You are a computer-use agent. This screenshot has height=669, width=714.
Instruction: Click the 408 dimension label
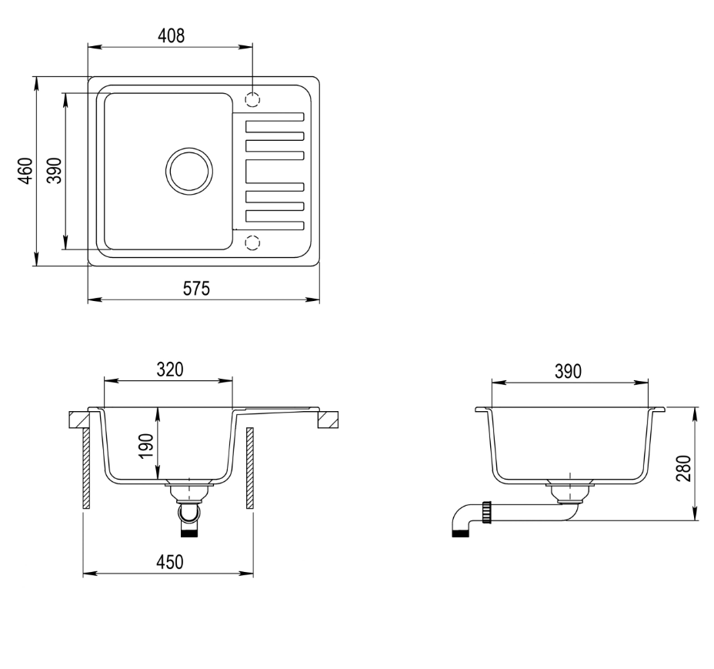coord(172,35)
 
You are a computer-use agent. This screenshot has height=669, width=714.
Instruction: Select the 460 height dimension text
coord(25,171)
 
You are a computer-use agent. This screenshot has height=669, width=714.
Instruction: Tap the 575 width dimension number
coord(196,289)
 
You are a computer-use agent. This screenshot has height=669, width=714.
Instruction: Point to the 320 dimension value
coord(170,370)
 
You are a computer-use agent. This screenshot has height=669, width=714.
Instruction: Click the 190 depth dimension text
coord(146,447)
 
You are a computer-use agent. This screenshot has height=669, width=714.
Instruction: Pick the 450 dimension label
coord(170,562)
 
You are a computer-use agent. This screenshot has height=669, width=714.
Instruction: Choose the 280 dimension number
coord(684,469)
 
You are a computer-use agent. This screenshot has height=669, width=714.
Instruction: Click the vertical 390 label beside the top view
coord(54,170)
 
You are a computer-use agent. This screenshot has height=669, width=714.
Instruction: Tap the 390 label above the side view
coord(569,371)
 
